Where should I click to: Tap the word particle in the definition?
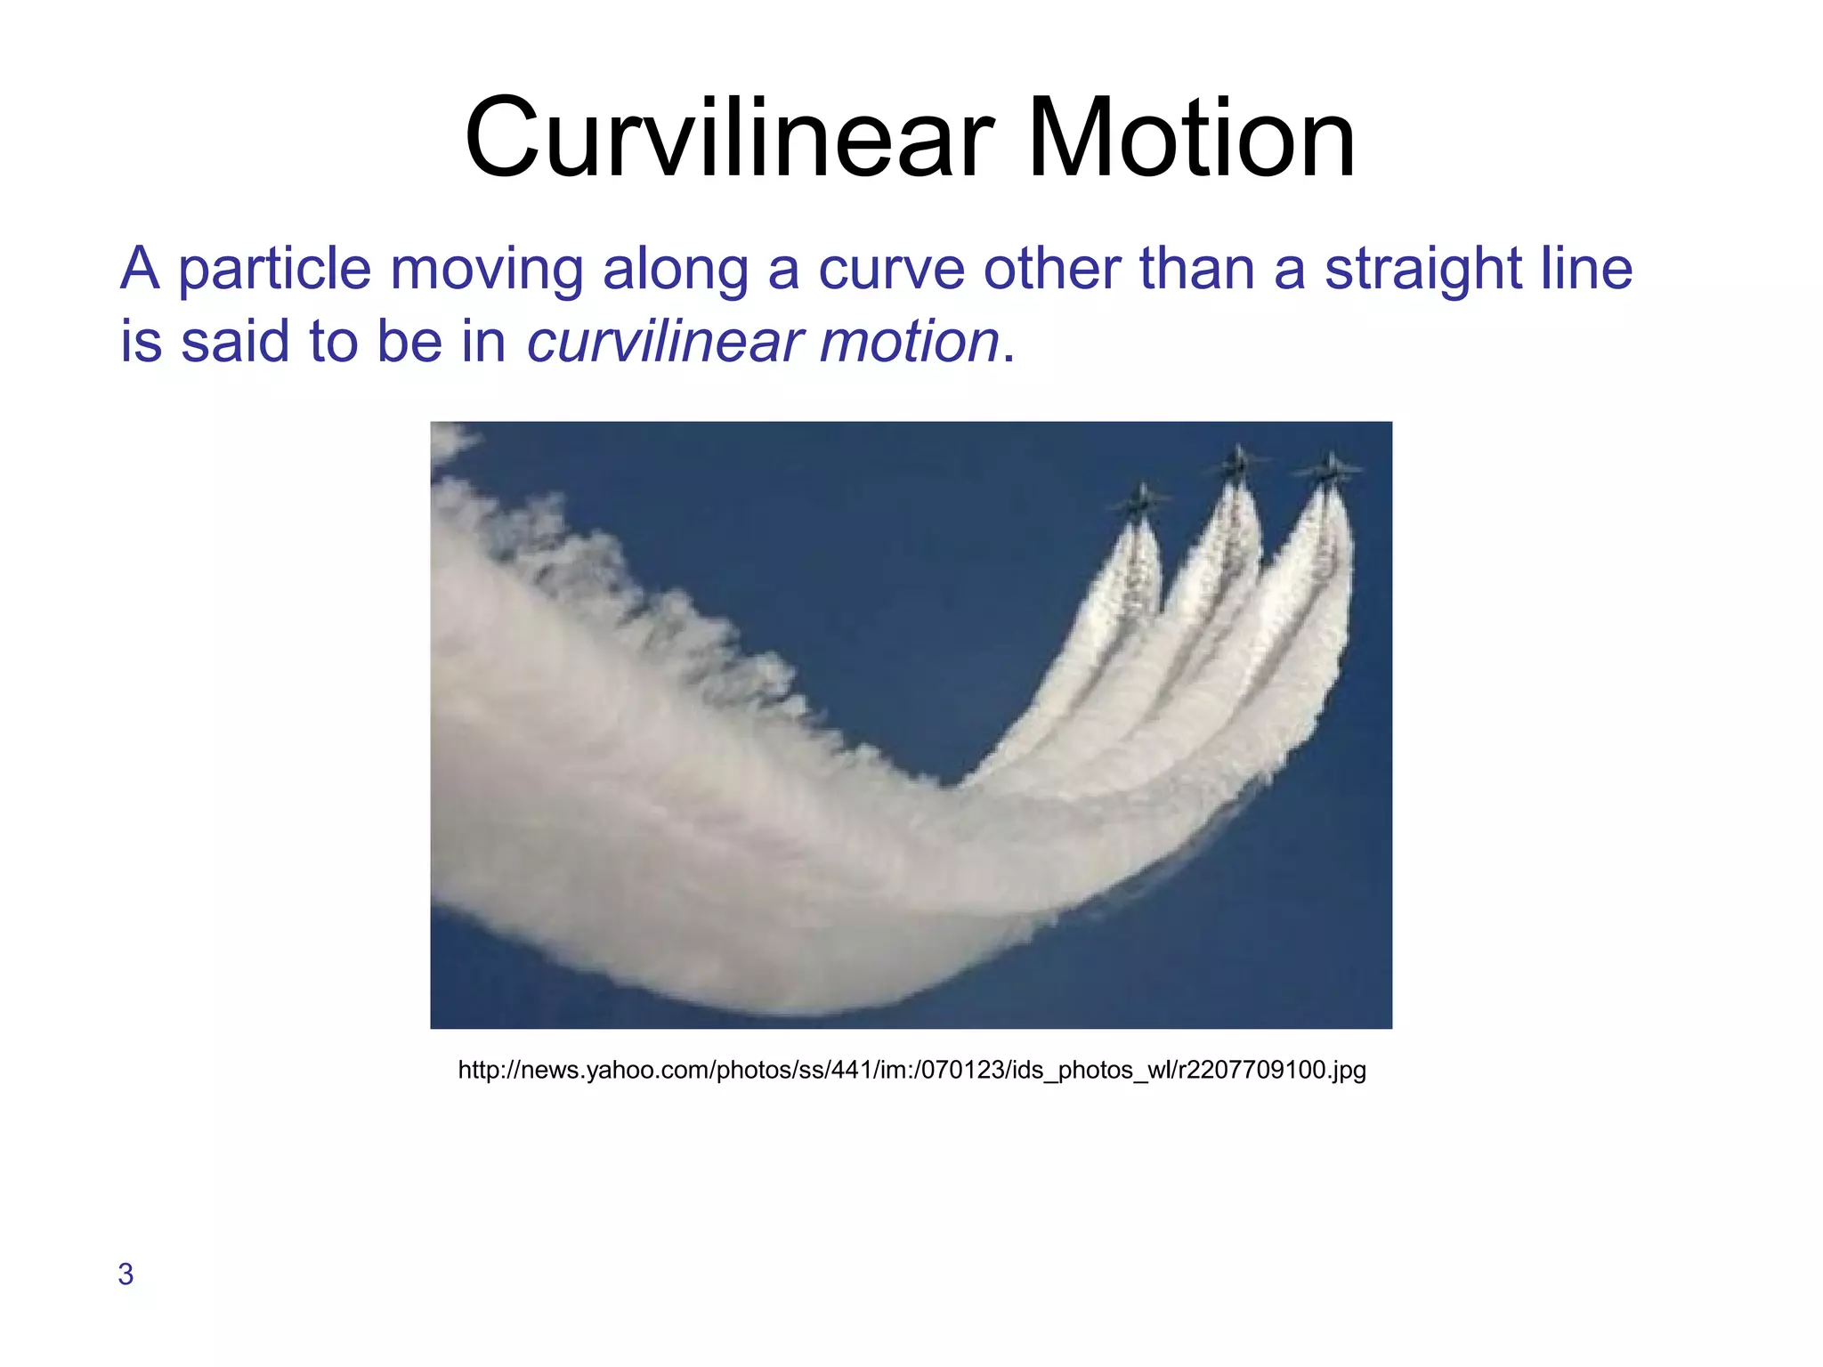tap(274, 269)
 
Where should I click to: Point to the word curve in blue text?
tap(891, 269)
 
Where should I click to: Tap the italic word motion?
tap(909, 342)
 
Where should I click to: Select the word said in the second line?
tap(234, 342)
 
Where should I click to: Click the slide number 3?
tap(126, 1274)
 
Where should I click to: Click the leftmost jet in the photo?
tap(1138, 503)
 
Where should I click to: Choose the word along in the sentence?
tap(676, 269)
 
